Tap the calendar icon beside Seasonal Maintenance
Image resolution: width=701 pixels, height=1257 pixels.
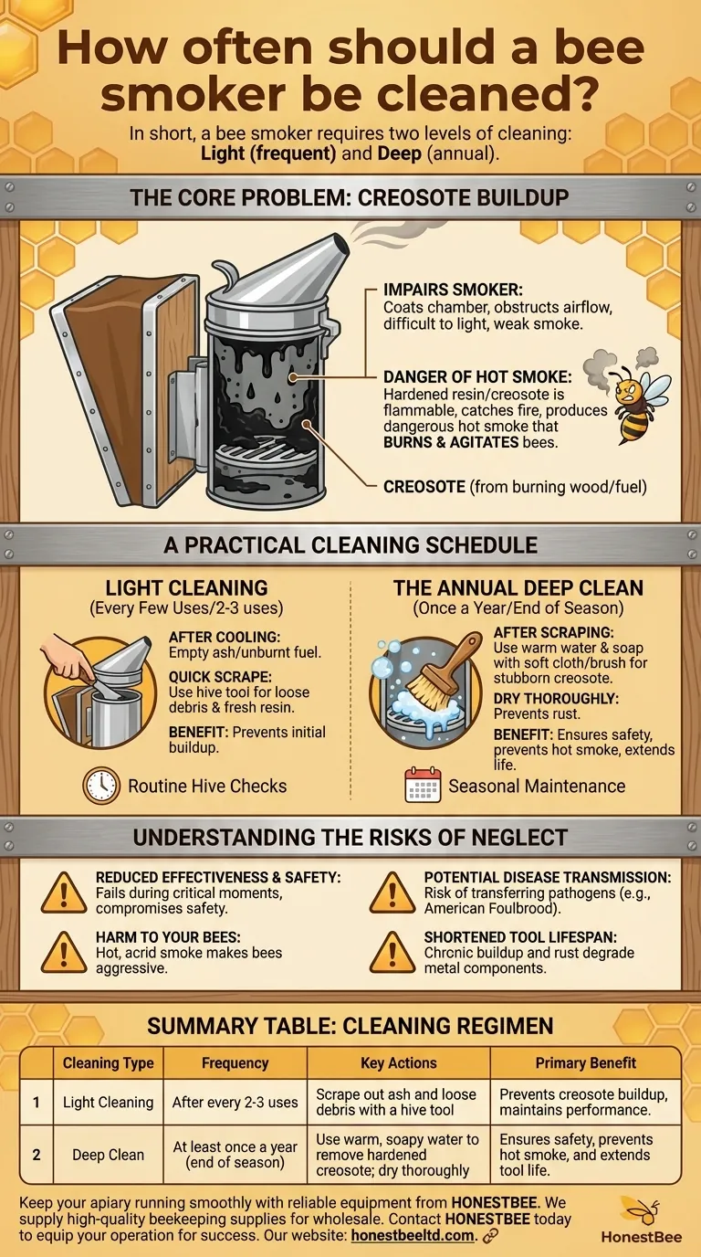423,786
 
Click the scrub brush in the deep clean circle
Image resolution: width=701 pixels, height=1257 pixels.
436,679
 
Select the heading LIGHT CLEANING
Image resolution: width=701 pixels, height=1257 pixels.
186,588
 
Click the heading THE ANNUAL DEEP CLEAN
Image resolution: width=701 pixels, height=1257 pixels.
518,588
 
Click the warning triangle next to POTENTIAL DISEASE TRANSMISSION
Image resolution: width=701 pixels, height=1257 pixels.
392,892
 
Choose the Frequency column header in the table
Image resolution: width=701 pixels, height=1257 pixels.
235,1062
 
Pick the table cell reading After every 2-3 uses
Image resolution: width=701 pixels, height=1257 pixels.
235,1103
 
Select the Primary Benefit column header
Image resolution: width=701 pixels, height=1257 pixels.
585,1062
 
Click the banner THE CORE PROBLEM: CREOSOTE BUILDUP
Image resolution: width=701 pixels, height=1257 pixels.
350,196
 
